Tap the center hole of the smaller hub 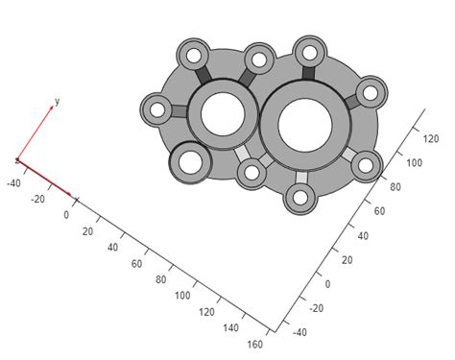pyautogui.click(x=223, y=114)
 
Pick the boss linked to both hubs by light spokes pyautogui.click(x=252, y=174)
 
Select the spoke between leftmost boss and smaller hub pyautogui.click(x=180, y=111)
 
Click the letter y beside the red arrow pyautogui.click(x=58, y=101)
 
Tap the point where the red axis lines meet pyautogui.click(x=16, y=160)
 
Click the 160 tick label pyautogui.click(x=255, y=344)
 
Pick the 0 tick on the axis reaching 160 pyautogui.click(x=66, y=215)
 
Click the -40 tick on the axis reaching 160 pyautogui.click(x=14, y=182)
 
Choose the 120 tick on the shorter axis pyautogui.click(x=431, y=139)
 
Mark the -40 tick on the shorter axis pyautogui.click(x=299, y=333)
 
